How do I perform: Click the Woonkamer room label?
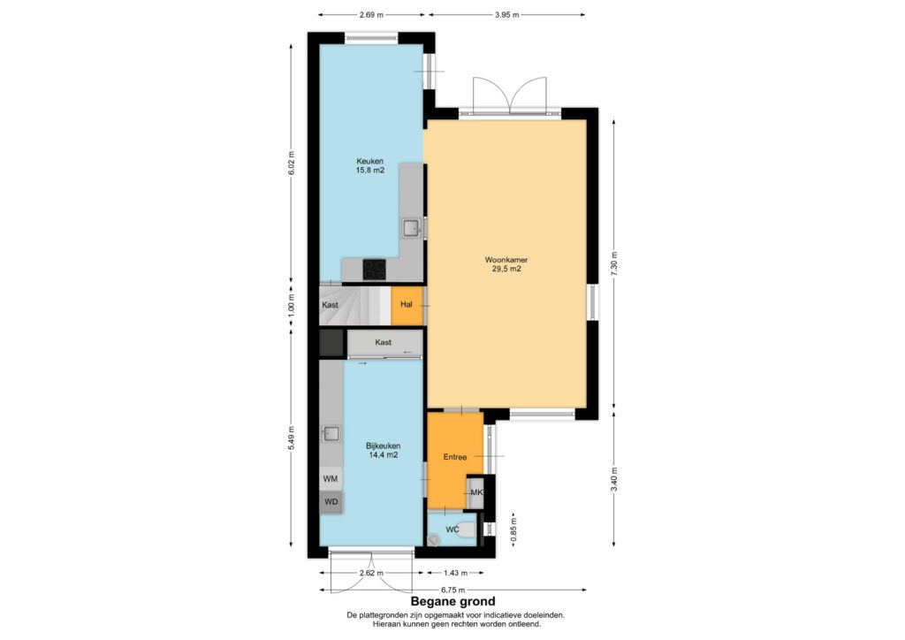(506, 260)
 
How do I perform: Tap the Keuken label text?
(370, 161)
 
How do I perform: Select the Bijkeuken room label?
(384, 446)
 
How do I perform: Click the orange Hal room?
(407, 305)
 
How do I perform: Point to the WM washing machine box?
(331, 478)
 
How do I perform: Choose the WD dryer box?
(331, 501)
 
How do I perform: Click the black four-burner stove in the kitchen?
(374, 269)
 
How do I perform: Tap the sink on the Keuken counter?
(412, 229)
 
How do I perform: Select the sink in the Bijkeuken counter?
(331, 433)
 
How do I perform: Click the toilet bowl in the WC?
(466, 530)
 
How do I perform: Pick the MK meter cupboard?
(475, 492)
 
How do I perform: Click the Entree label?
(455, 457)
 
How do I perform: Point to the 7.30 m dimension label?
(614, 263)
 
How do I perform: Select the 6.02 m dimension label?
(292, 164)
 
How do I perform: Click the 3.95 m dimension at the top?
(506, 14)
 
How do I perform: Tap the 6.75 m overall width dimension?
(452, 590)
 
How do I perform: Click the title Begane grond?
(452, 602)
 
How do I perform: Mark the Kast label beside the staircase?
(331, 305)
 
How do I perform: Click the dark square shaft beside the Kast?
(332, 343)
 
